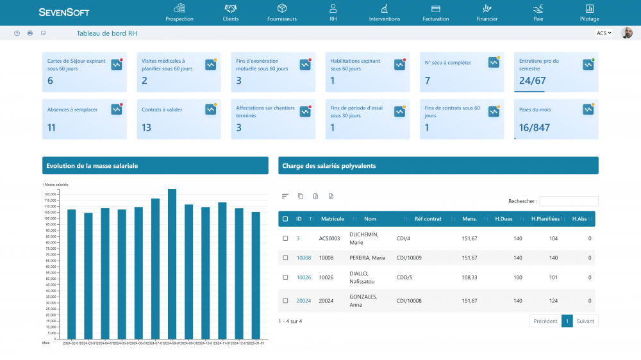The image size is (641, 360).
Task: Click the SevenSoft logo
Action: (x=64, y=12)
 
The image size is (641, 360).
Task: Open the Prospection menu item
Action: (x=179, y=12)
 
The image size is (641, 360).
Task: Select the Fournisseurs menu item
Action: (x=281, y=12)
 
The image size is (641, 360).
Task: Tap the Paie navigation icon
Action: (x=538, y=8)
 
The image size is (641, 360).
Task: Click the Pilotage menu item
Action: (x=589, y=12)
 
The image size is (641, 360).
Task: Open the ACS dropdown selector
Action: (x=604, y=33)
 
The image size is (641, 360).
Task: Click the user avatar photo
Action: (x=627, y=33)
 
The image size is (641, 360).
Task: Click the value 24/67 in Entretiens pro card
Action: (x=532, y=81)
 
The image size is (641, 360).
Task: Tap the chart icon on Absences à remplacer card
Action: (x=116, y=110)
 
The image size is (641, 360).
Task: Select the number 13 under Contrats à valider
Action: (x=146, y=127)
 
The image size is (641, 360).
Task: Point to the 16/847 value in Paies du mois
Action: (x=534, y=127)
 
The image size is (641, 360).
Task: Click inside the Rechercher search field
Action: (x=569, y=201)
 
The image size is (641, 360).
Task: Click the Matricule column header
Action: (x=333, y=219)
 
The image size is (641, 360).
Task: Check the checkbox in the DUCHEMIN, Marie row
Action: (x=286, y=238)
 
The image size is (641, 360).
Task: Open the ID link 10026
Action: (x=303, y=277)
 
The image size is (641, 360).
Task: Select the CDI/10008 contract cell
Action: (x=409, y=300)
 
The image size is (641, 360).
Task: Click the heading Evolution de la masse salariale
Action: (x=92, y=166)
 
